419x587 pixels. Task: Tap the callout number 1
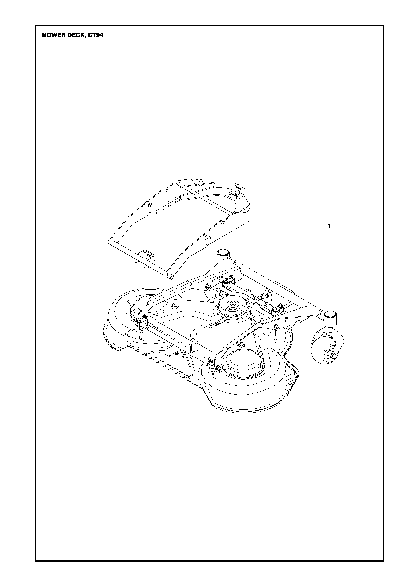click(329, 226)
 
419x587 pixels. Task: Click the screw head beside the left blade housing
click(175, 307)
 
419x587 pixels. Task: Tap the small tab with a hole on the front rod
click(192, 342)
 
